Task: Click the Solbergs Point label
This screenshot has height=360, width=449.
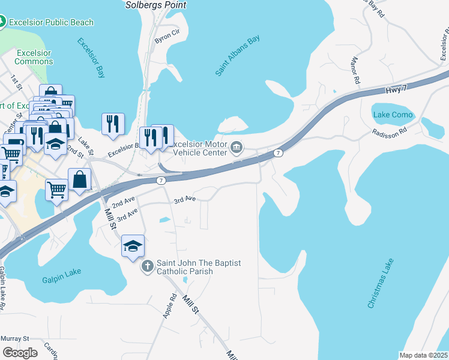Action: [x=155, y=5]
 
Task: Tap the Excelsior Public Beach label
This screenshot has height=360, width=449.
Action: [x=50, y=22]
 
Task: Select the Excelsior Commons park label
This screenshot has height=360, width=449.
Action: [x=34, y=57]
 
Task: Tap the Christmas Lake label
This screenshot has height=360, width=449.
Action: [x=381, y=283]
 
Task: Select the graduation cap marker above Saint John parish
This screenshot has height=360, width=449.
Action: [x=133, y=245]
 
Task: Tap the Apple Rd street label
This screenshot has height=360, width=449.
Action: [x=172, y=304]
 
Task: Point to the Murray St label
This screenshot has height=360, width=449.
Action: [x=15, y=338]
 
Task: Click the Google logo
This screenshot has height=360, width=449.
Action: [x=20, y=352]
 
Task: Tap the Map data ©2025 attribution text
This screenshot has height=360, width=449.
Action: [x=423, y=355]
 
